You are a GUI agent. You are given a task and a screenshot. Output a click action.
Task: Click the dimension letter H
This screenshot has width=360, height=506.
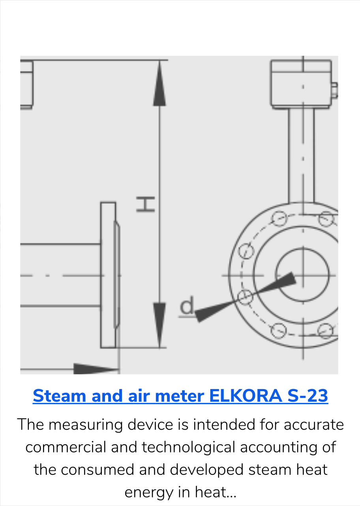145,204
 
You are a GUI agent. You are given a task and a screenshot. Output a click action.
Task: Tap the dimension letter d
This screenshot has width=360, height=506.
187,307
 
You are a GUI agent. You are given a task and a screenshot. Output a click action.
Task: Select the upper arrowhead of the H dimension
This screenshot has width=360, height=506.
159,85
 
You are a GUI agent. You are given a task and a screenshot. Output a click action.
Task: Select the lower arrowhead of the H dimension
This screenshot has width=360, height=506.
159,324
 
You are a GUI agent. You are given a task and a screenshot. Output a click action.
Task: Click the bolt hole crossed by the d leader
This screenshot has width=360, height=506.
246,297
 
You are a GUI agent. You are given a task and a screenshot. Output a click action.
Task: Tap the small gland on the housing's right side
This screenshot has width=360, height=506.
334,90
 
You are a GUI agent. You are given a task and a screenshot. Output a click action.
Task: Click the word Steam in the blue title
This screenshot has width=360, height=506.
60,396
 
